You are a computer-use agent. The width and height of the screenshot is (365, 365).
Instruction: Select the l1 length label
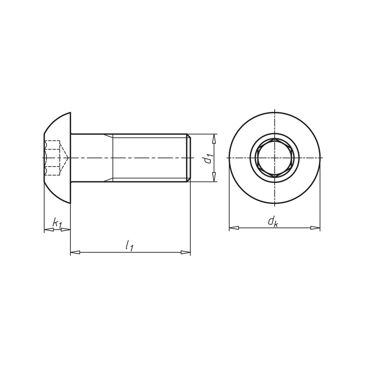coord(130,245)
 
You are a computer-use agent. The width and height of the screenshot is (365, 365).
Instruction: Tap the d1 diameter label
coord(208,158)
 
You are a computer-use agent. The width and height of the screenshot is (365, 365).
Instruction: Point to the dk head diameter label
coord(273,222)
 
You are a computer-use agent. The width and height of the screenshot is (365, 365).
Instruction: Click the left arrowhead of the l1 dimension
coord(75,252)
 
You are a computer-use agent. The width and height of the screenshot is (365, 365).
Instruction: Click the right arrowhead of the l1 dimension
coord(185,252)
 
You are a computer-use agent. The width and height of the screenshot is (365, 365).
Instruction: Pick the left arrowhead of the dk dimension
coord(233,227)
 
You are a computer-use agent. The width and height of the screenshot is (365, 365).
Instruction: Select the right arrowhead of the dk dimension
coord(315,227)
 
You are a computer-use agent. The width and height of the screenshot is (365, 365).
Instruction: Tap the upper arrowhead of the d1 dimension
coord(214,138)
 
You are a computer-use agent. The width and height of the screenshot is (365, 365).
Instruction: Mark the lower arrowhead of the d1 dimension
coord(214,177)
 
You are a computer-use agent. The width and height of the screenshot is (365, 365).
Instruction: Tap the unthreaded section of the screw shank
coord(91,158)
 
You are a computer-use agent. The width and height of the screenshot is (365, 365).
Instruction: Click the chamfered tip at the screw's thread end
coord(188,158)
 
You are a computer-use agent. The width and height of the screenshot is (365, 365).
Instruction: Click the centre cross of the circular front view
coord(274,158)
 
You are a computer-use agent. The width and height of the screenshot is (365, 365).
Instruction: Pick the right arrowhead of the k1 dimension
coord(66,229)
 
